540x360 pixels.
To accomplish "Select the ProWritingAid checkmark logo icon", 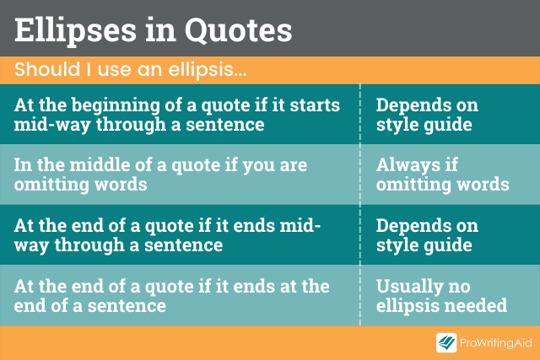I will tap(446, 341).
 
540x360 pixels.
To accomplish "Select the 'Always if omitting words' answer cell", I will tap(442, 175).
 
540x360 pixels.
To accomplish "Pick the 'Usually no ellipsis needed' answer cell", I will tap(440, 296).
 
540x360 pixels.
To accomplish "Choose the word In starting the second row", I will tap(22, 165).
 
